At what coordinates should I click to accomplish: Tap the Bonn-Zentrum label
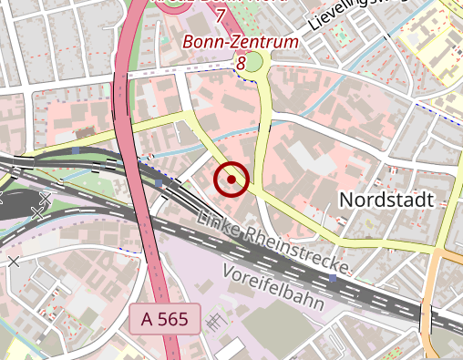pyautogui.click(x=241, y=42)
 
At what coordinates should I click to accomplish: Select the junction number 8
pyautogui.click(x=241, y=63)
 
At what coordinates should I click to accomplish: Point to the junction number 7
pyautogui.click(x=220, y=15)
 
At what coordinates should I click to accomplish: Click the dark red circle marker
pyautogui.click(x=231, y=180)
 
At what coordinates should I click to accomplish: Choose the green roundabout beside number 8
pyautogui.click(x=254, y=62)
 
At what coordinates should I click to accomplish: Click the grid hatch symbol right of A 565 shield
pyautogui.click(x=215, y=320)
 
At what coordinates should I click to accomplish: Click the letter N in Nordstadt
pyautogui.click(x=345, y=199)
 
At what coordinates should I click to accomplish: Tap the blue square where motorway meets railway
pyautogui.click(x=159, y=183)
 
